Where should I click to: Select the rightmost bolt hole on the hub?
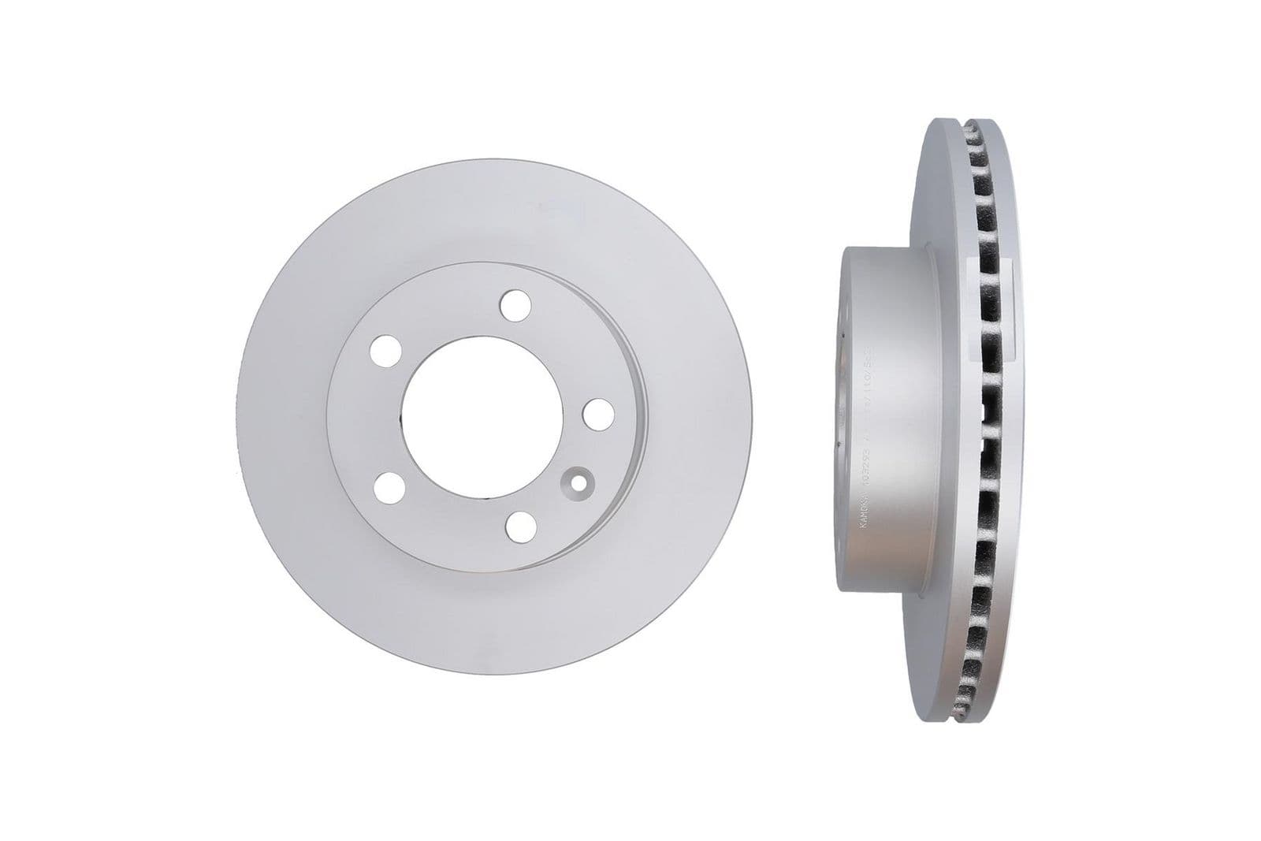point(599,413)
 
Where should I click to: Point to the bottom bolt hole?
point(519,527)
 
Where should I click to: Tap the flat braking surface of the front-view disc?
point(299,418)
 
